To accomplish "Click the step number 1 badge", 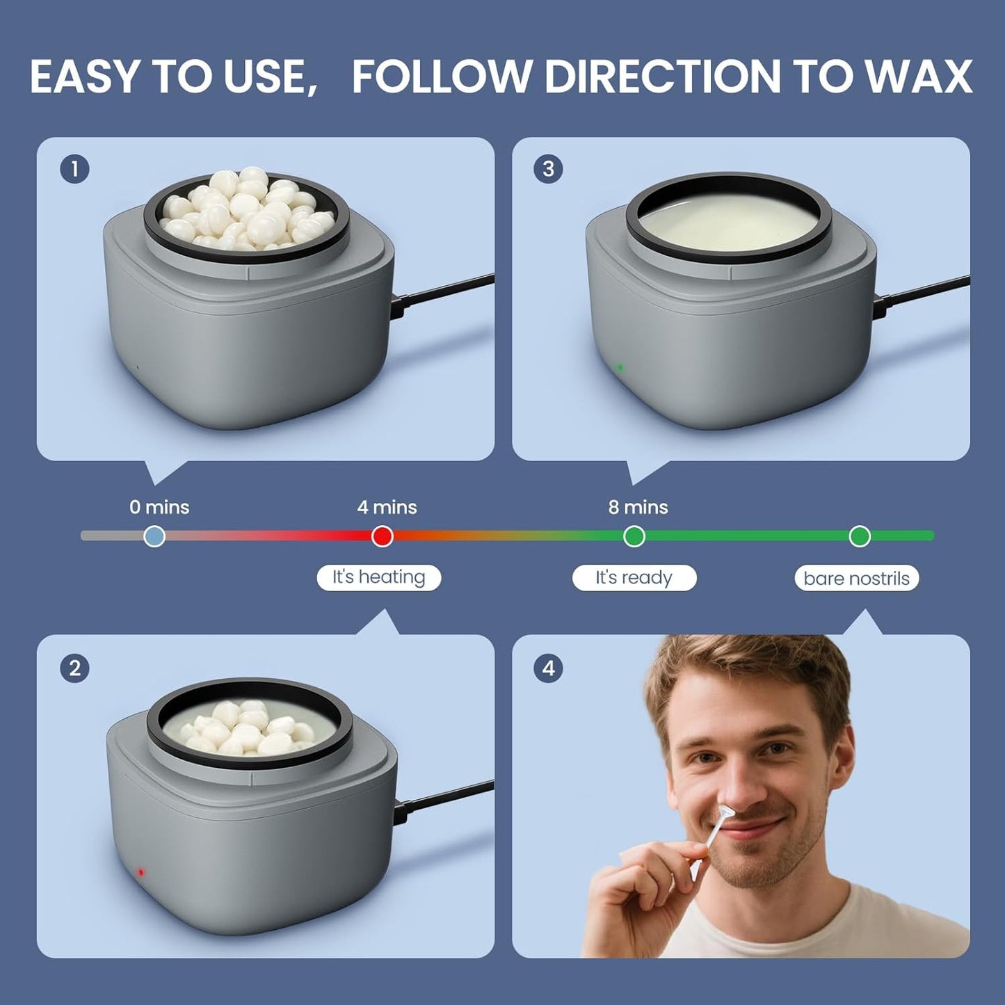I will point(74,169).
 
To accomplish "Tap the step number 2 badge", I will point(74,668).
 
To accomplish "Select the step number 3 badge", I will point(548,169).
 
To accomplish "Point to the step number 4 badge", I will point(548,668).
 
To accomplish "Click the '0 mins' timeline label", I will point(159,507).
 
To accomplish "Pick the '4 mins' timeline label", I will point(387,507).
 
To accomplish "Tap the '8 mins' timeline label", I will point(638,507).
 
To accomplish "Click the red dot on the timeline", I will point(382,536).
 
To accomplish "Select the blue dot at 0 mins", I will point(154,536).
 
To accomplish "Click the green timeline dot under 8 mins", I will point(634,536).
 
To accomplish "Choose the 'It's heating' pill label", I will point(378,577).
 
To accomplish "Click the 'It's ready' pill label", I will point(634,577).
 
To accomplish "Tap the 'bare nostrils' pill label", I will point(856,578).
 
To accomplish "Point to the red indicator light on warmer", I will point(140,871).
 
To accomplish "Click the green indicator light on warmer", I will point(620,367).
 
